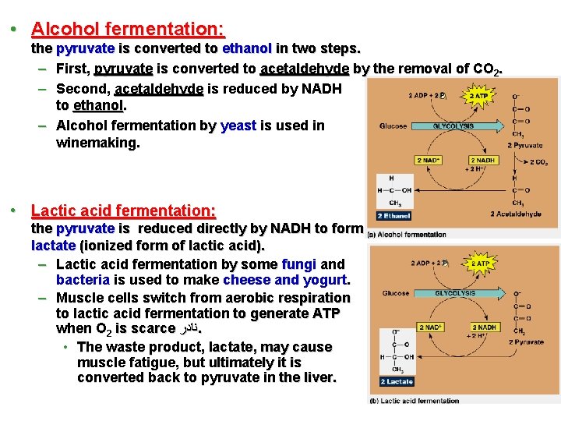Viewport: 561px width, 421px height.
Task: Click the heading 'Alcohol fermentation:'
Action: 128,30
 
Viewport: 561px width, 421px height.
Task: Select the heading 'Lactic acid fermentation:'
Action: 123,210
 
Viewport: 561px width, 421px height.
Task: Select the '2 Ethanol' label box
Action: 393,215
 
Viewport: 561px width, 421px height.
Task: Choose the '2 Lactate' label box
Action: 396,381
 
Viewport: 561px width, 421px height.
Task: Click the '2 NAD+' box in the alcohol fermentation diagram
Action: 430,161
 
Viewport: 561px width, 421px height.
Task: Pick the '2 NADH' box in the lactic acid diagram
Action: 485,327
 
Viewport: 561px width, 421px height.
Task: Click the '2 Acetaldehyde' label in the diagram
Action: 515,214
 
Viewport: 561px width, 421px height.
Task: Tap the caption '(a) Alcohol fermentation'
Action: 406,234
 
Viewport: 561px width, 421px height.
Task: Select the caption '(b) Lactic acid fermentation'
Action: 414,401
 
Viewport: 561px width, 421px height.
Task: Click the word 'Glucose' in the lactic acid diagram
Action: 395,294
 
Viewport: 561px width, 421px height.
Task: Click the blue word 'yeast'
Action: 238,126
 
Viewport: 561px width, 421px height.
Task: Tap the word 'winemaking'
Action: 97,143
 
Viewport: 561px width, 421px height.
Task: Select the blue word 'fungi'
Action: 299,264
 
